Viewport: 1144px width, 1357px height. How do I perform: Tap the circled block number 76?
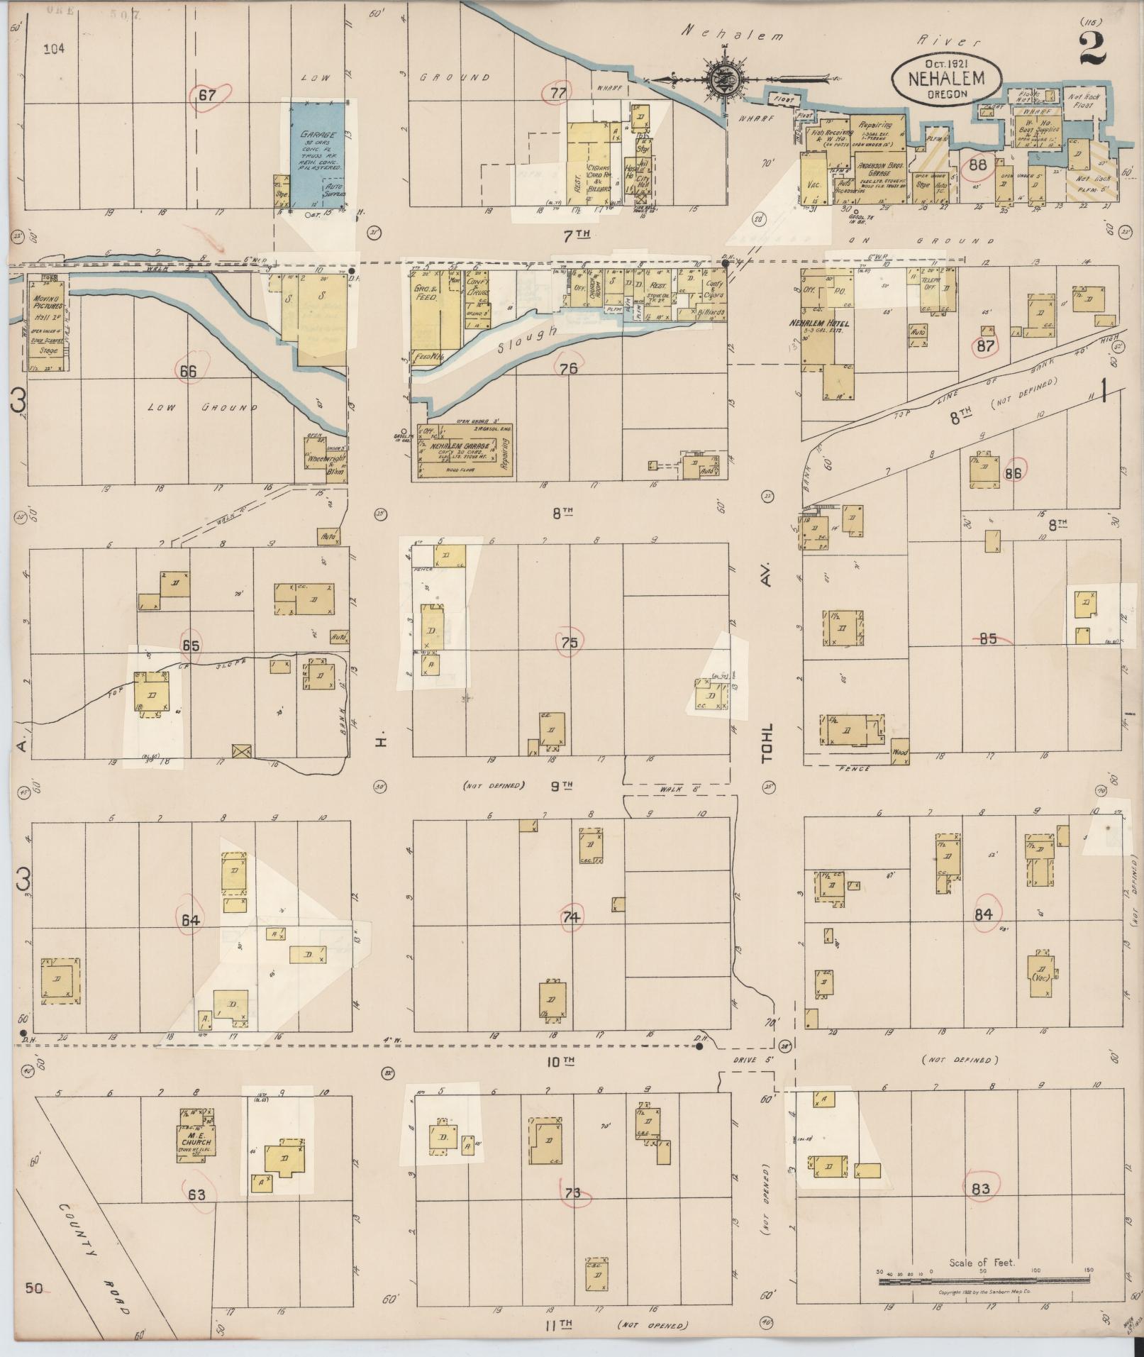[568, 368]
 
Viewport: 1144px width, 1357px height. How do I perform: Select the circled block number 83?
[981, 1189]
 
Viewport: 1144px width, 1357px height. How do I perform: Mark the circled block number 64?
[191, 921]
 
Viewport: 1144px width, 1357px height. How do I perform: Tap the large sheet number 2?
[1093, 48]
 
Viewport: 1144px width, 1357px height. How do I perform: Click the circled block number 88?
[978, 165]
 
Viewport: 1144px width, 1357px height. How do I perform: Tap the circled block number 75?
[569, 643]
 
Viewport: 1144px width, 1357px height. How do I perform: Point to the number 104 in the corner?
[54, 49]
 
